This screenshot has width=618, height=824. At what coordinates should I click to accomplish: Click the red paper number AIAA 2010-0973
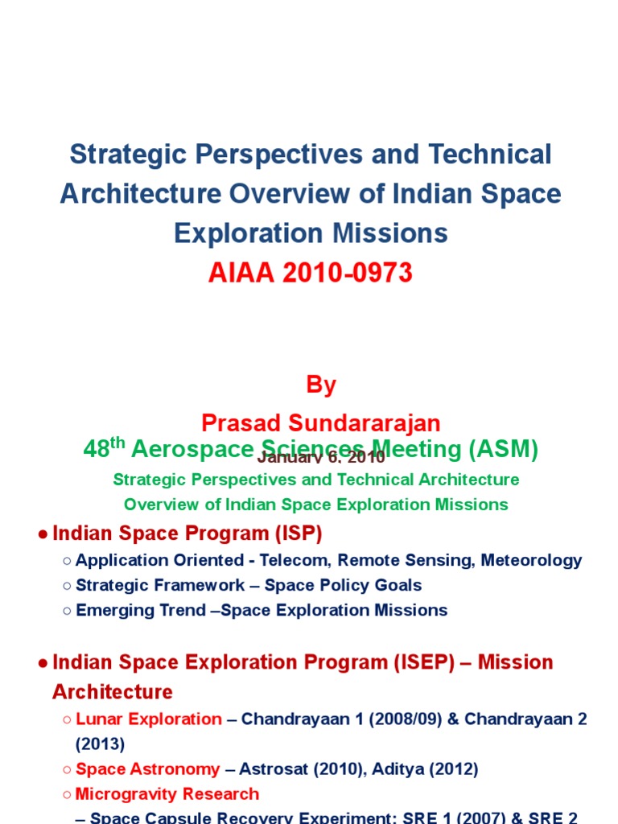click(x=310, y=274)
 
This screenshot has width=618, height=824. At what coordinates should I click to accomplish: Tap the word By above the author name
click(x=320, y=385)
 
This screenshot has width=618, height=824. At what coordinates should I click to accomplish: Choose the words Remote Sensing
click(x=406, y=560)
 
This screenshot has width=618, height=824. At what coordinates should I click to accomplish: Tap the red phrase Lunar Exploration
click(x=148, y=719)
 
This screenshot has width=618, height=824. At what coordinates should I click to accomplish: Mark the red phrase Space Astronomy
click(x=147, y=769)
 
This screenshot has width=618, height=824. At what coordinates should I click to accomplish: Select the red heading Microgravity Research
click(x=167, y=794)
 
